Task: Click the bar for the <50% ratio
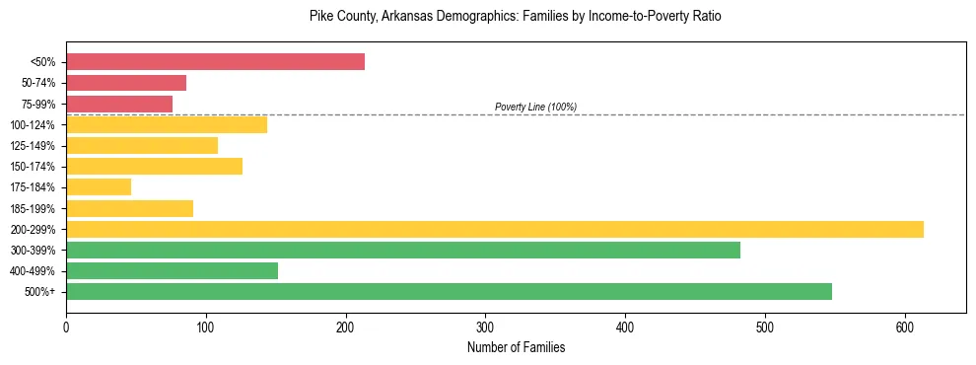pos(215,62)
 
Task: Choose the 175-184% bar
pos(99,186)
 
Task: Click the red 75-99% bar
pos(119,104)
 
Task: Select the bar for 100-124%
pos(167,124)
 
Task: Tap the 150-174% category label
pos(33,167)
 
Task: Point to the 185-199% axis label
pos(33,208)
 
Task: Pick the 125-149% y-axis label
pos(33,146)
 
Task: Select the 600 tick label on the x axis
pos(905,326)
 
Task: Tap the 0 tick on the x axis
pos(66,326)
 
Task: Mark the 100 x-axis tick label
pos(206,326)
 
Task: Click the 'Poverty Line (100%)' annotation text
pos(535,107)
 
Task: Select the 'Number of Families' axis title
pos(516,347)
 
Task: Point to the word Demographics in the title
pos(461,17)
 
